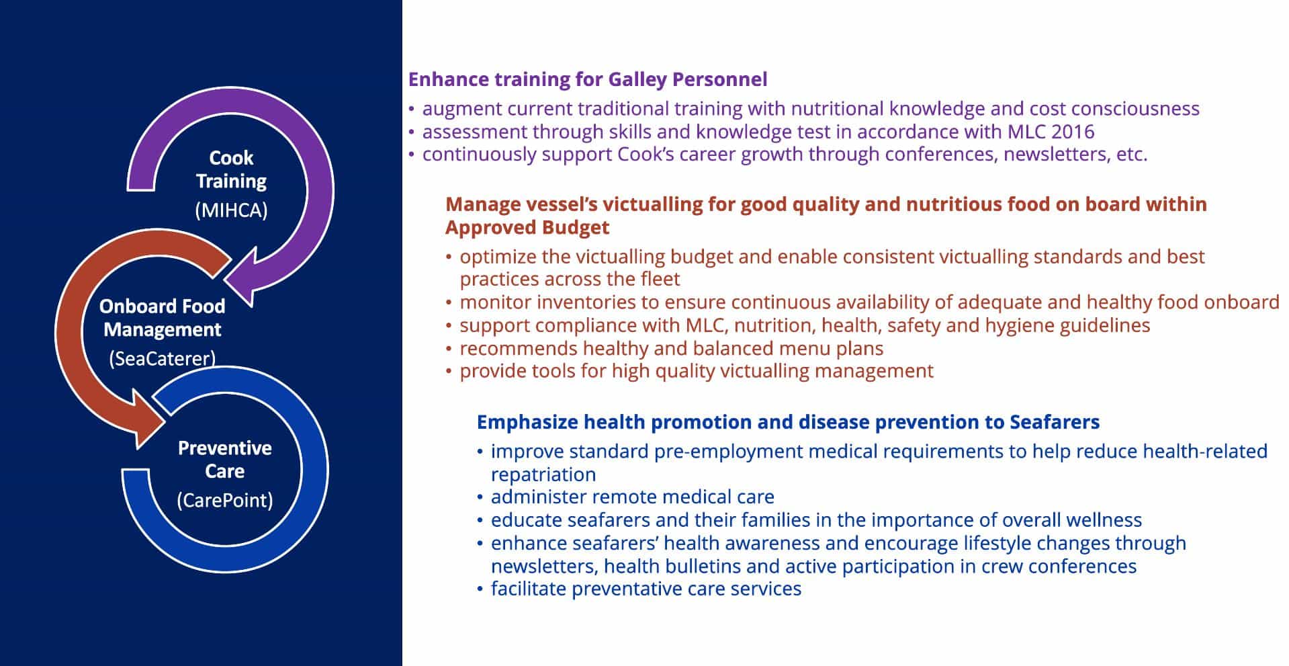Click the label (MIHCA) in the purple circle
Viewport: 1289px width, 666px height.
click(x=231, y=210)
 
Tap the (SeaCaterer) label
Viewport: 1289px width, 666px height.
click(x=162, y=358)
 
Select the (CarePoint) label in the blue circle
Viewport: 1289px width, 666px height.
click(x=225, y=500)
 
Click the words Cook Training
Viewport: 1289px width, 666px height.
click(x=231, y=169)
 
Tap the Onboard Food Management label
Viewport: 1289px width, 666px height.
click(x=162, y=318)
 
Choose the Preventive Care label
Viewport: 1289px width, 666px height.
click(x=225, y=460)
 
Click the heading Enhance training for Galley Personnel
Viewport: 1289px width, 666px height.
click(x=588, y=79)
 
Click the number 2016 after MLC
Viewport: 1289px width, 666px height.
click(x=1073, y=131)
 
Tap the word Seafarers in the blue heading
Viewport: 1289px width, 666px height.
click(x=1055, y=422)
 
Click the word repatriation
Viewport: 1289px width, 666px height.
click(x=543, y=474)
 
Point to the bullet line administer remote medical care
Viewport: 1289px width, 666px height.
click(x=632, y=497)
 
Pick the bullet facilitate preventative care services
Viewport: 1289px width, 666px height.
click(x=646, y=589)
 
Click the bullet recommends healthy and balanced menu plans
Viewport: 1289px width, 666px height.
click(x=672, y=348)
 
